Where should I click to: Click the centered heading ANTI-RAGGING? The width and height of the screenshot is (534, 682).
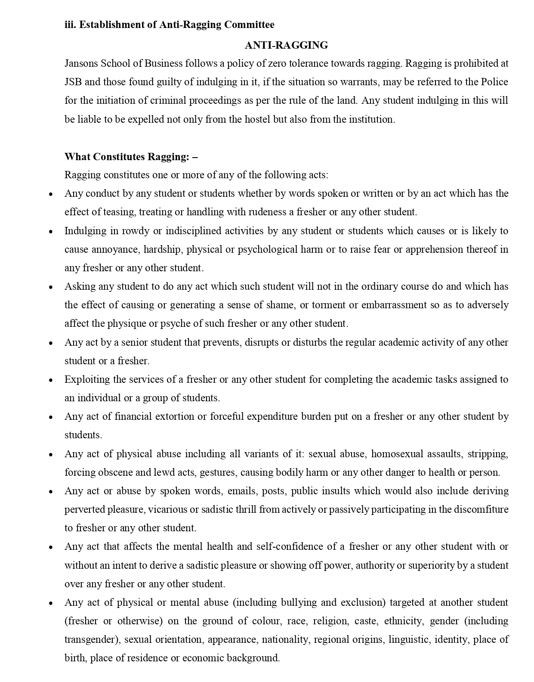[x=286, y=45]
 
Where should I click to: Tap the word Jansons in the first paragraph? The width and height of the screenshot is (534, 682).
[x=80, y=64]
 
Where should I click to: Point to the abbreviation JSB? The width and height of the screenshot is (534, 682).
[x=73, y=82]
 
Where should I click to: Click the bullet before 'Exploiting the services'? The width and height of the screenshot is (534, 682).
[x=51, y=380]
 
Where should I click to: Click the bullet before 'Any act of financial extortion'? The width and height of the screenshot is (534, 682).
[x=51, y=417]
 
